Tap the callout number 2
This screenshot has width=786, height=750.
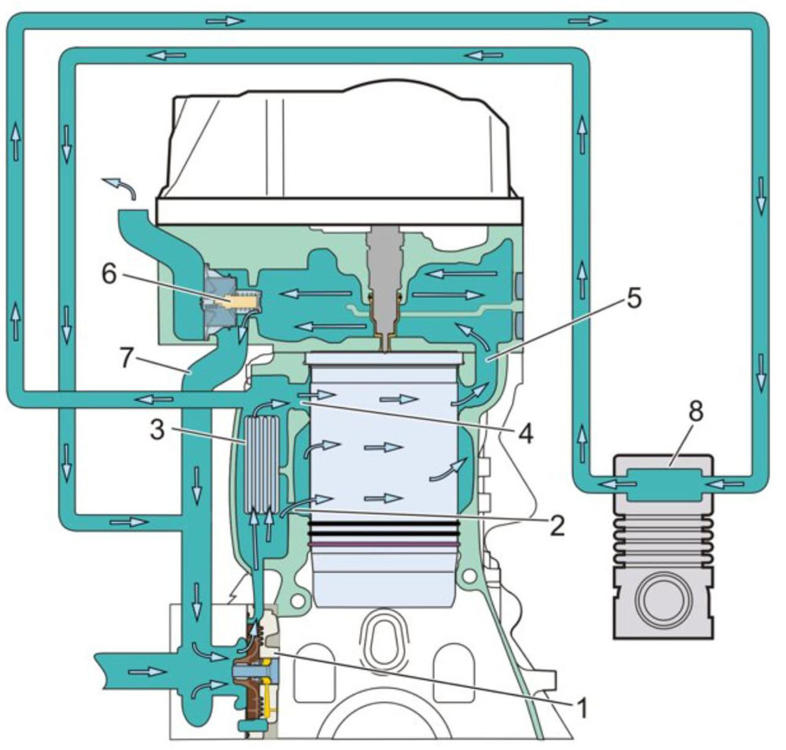(556, 525)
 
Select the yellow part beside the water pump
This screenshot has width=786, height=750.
(272, 692)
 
